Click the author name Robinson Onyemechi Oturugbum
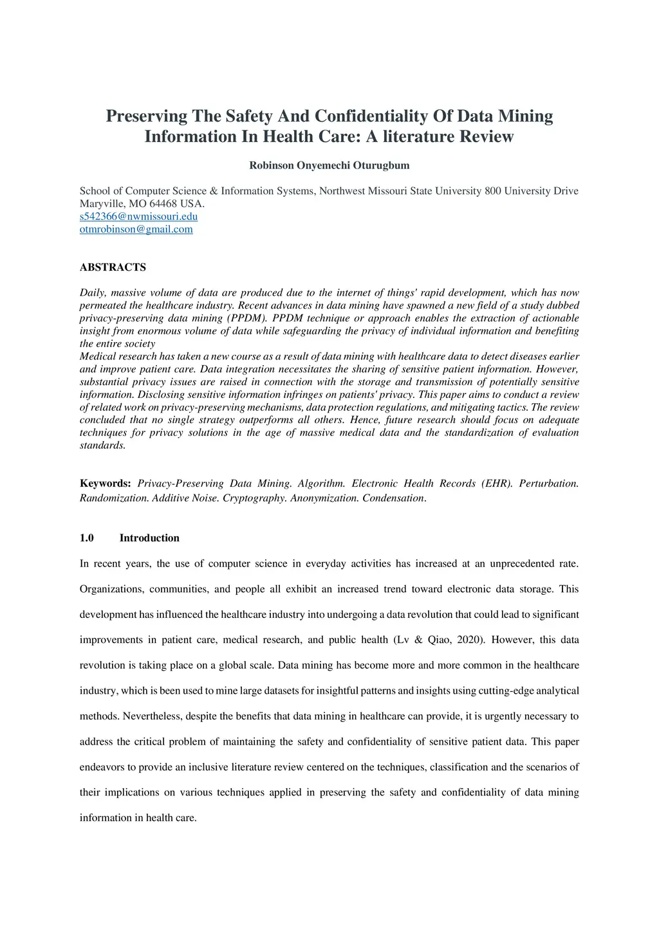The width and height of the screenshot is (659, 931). pyautogui.click(x=329, y=165)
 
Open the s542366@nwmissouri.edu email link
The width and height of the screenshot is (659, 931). pyautogui.click(x=138, y=217)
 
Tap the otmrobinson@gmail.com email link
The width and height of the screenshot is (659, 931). pyautogui.click(x=136, y=230)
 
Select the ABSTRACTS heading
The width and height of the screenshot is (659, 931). pyautogui.click(x=113, y=267)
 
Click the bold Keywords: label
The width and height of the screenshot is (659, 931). pyautogui.click(x=105, y=484)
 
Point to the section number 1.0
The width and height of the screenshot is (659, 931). pyautogui.click(x=87, y=538)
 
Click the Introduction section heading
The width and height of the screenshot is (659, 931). pyautogui.click(x=149, y=538)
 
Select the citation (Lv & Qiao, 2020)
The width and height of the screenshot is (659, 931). pyautogui.click(x=439, y=640)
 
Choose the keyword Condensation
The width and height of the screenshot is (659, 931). pyautogui.click(x=394, y=498)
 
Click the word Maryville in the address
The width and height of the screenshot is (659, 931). pyautogui.click(x=102, y=204)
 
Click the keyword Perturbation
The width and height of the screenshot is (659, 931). pyautogui.click(x=549, y=484)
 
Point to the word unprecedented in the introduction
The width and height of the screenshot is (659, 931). pyautogui.click(x=522, y=564)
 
